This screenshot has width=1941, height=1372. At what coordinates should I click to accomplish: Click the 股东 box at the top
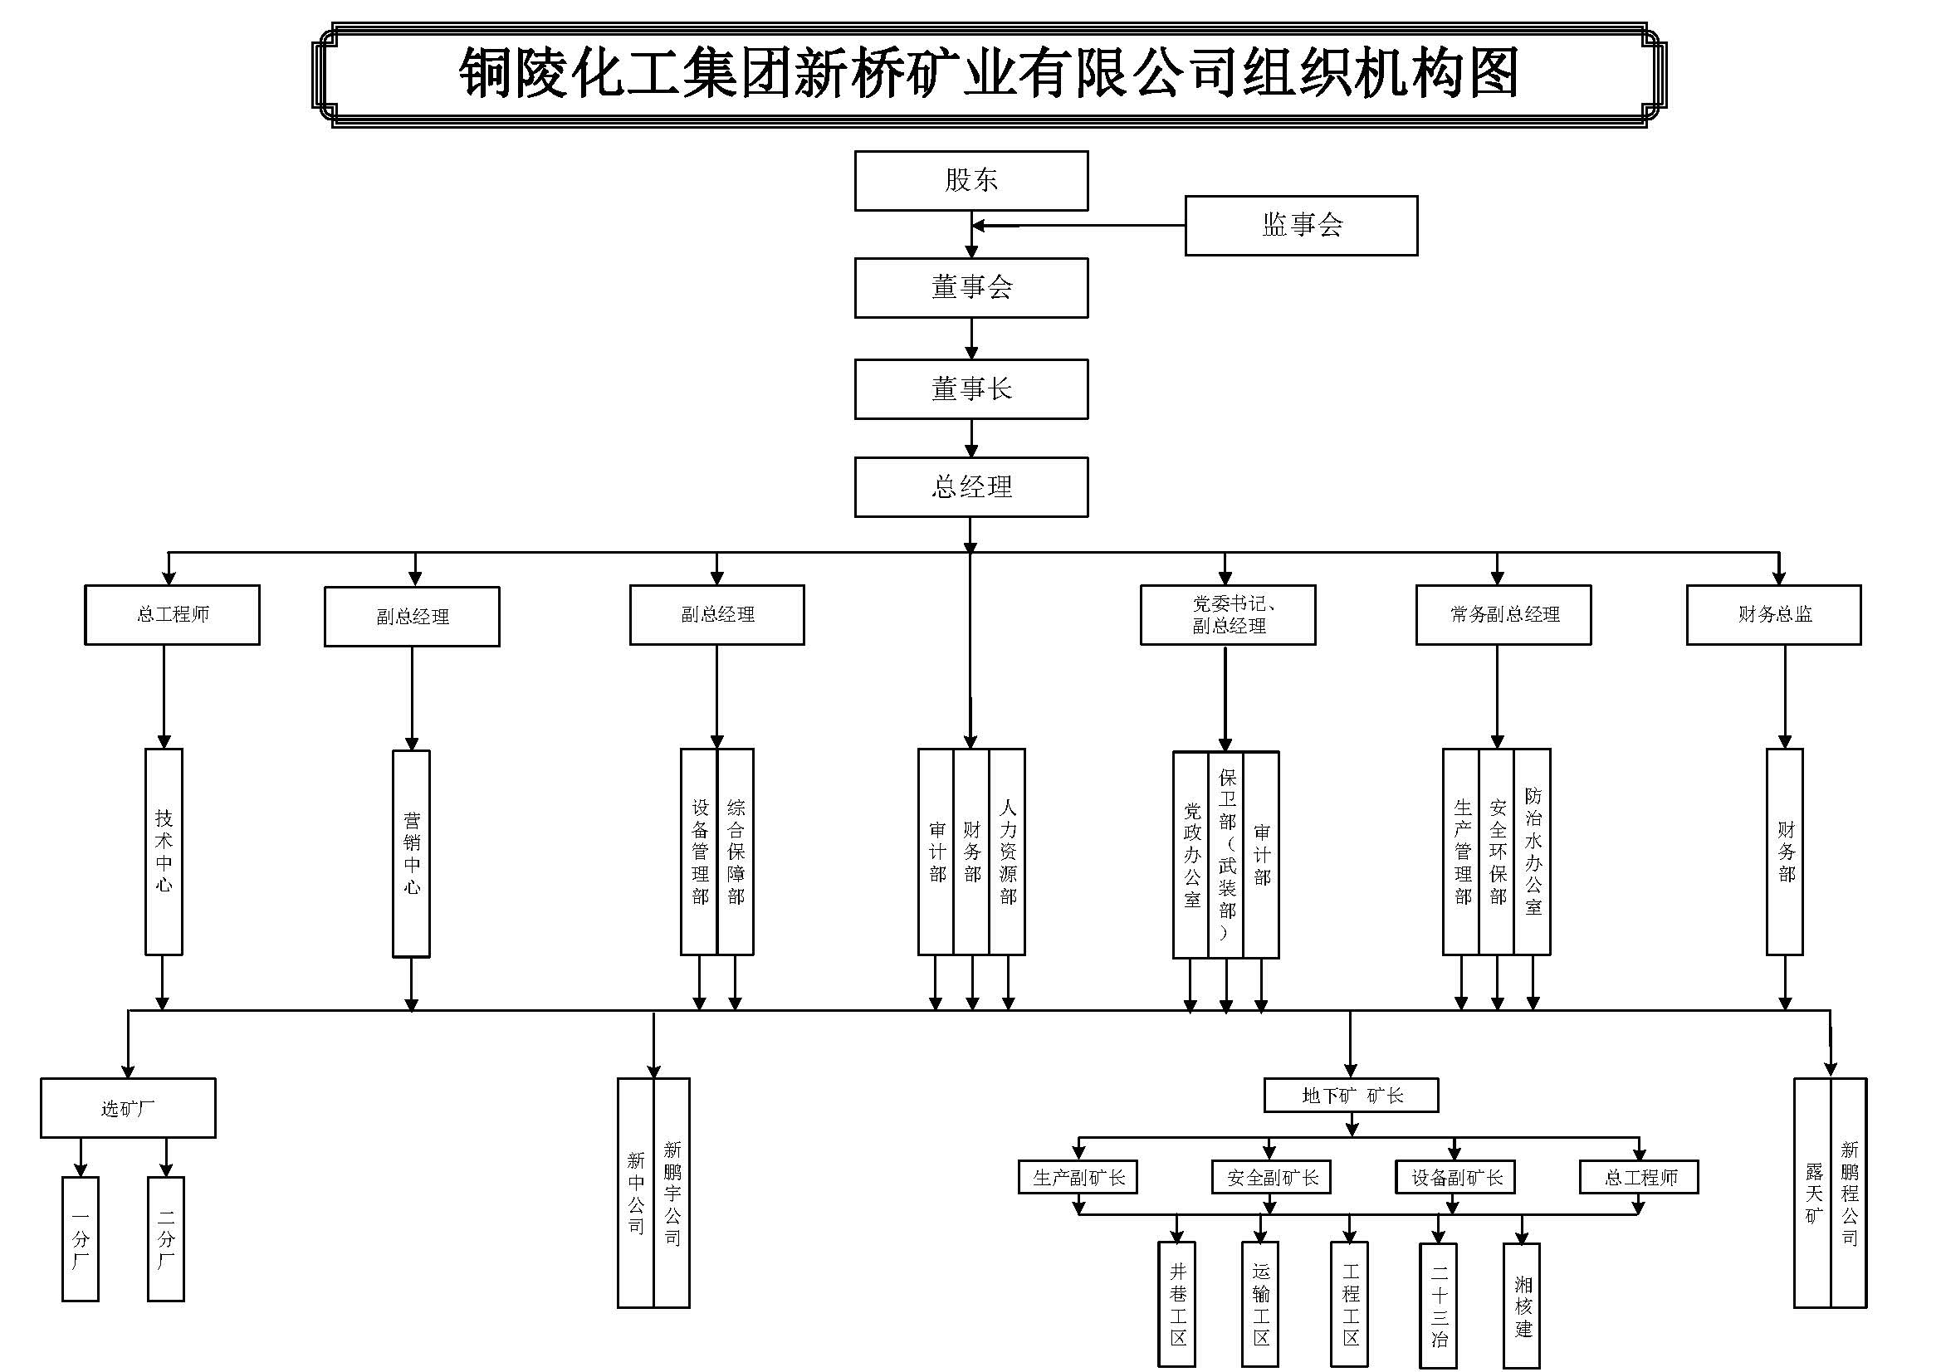970,180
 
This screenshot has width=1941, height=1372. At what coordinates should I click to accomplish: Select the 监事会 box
1300,225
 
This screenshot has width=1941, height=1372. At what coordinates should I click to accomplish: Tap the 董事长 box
970,389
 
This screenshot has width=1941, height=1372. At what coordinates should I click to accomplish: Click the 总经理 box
970,487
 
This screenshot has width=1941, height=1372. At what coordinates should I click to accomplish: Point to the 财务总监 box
1773,614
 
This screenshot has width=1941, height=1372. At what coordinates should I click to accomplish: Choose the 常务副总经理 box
1503,614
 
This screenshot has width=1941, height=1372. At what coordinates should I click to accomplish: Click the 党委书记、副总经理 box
1228,614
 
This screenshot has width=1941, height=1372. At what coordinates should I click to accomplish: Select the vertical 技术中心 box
164,852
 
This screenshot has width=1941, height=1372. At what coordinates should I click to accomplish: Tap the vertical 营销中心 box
412,854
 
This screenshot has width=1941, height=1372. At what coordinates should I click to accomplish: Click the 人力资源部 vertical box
1008,852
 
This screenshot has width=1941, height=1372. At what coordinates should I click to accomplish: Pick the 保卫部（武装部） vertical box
1227,854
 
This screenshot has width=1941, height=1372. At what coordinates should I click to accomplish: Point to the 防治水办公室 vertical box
1533,852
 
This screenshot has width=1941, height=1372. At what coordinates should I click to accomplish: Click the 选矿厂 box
128,1108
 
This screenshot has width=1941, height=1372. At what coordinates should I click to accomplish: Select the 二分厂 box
166,1238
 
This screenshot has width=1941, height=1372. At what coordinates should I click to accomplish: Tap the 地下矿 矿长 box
1351,1096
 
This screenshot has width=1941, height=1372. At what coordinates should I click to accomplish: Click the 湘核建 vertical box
1522,1306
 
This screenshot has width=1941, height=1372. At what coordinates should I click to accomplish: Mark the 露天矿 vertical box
1812,1193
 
